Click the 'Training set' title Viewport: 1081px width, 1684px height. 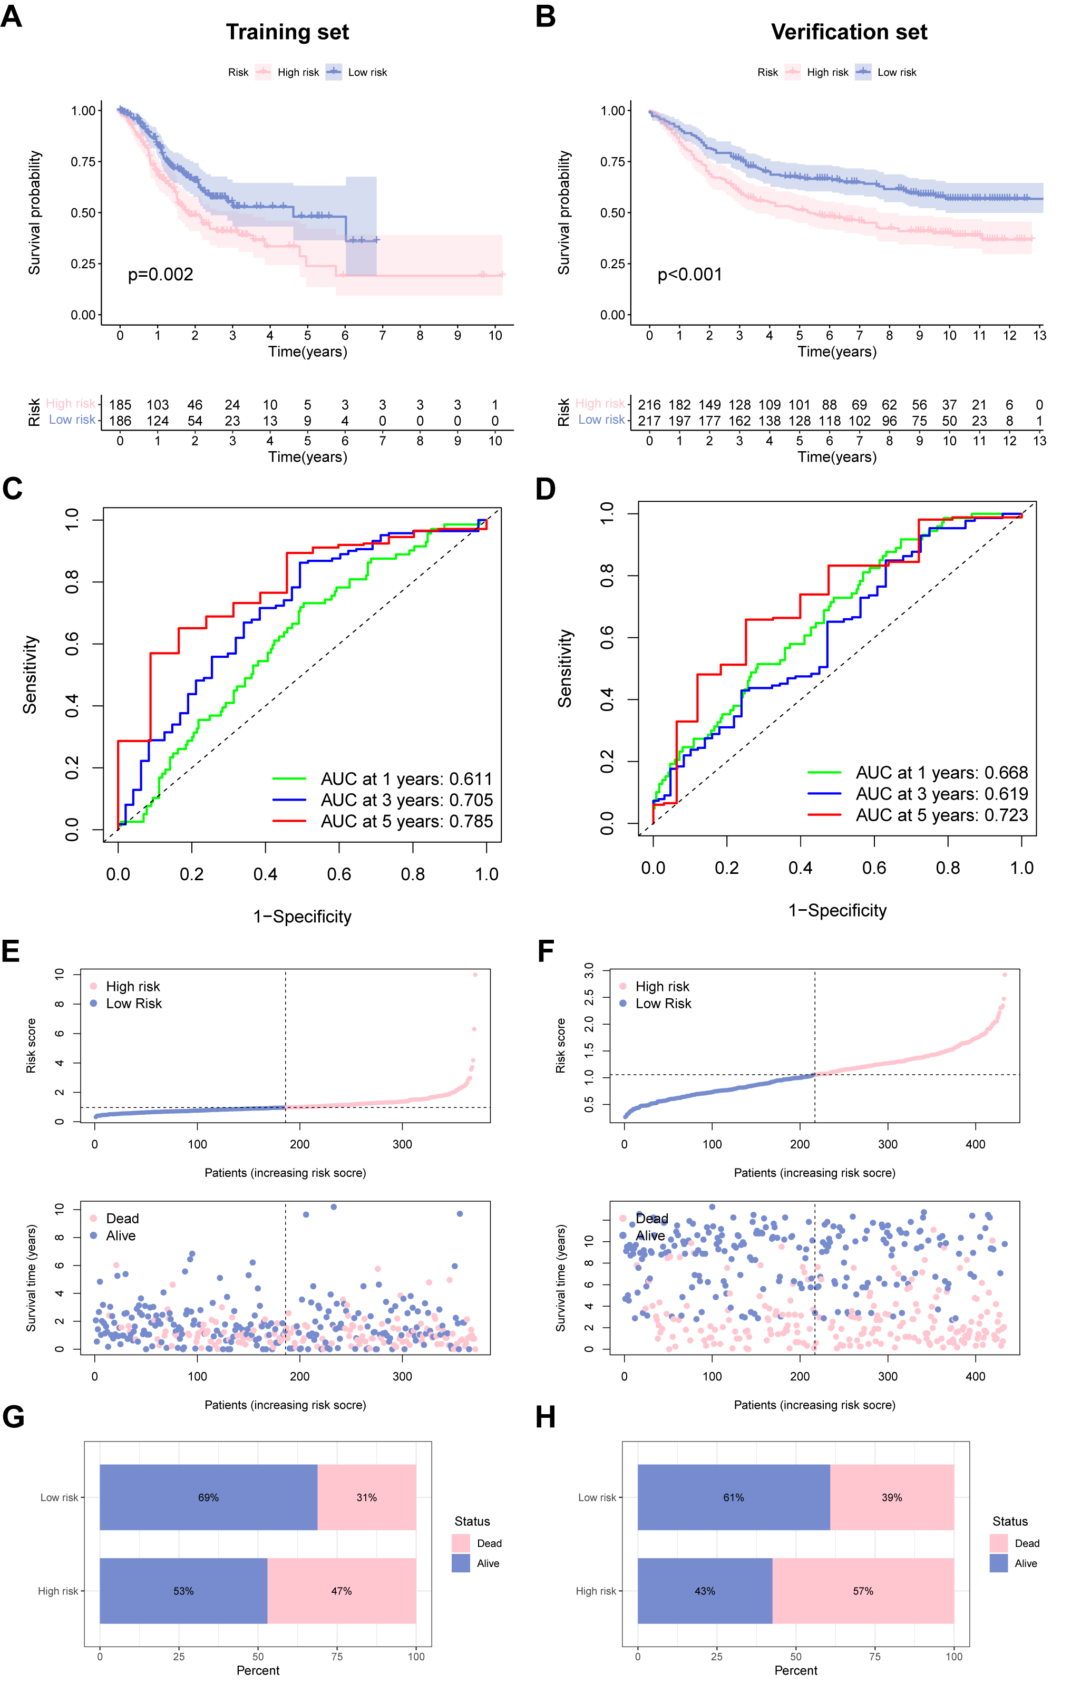tap(287, 32)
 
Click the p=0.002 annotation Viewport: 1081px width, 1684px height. tap(160, 275)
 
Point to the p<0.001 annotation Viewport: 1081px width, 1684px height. tap(689, 275)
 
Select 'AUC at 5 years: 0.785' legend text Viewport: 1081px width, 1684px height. tap(406, 821)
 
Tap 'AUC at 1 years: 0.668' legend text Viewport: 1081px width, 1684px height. tap(941, 773)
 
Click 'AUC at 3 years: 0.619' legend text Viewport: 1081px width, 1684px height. tap(941, 794)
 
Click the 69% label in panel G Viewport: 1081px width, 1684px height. tap(209, 1497)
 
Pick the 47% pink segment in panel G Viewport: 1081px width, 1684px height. tap(342, 1591)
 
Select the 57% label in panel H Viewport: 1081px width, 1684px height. tap(863, 1591)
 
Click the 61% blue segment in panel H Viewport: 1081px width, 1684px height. tap(734, 1497)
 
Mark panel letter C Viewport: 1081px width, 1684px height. tap(13, 489)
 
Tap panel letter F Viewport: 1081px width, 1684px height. tap(546, 952)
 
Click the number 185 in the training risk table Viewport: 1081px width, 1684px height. tap(120, 405)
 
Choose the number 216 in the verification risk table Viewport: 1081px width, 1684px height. tap(649, 405)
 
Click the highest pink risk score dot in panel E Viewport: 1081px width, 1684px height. tap(475, 975)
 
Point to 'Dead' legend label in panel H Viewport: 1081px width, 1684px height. tap(1027, 1543)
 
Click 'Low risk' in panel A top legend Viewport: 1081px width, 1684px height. tap(367, 72)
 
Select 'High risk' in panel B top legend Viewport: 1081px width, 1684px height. tap(827, 72)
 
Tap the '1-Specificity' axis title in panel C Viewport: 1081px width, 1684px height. tap(303, 917)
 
